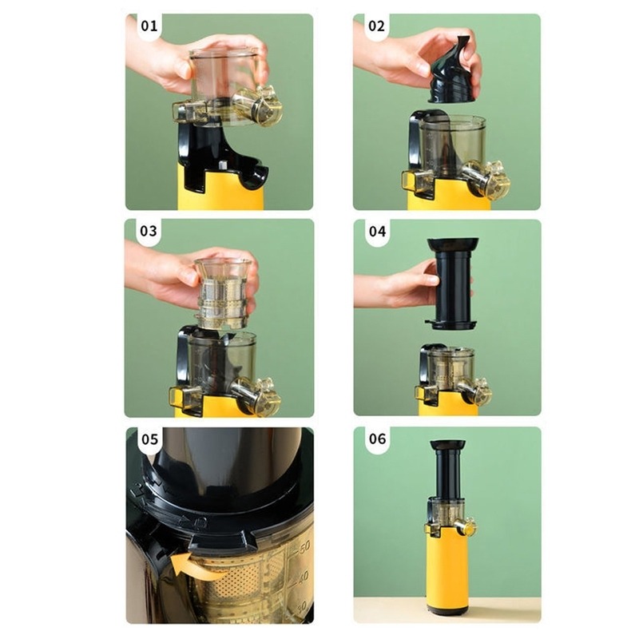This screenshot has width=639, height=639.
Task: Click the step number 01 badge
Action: (x=149, y=26)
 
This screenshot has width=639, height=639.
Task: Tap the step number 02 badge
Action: (x=376, y=26)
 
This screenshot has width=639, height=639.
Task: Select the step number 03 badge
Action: (x=149, y=231)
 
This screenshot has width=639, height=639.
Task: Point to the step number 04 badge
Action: (x=377, y=232)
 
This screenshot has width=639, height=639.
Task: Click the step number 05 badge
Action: (x=149, y=440)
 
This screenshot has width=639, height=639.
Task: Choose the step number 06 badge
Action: (x=377, y=439)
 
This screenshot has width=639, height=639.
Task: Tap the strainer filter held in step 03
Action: (x=223, y=293)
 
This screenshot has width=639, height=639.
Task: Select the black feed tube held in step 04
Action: (x=452, y=284)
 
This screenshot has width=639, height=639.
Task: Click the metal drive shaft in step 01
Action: (x=223, y=165)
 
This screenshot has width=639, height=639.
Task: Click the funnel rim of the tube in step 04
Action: (x=452, y=244)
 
